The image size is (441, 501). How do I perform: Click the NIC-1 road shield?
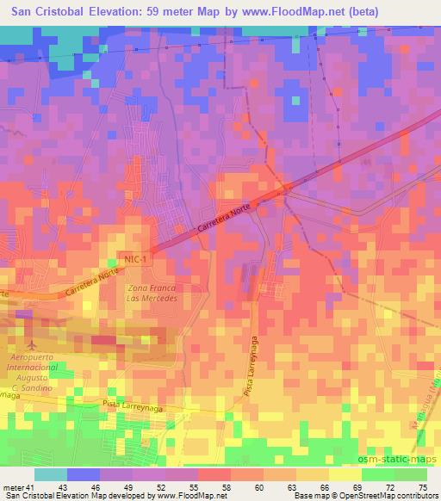click(129, 259)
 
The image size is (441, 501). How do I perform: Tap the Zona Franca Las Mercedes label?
click(152, 293)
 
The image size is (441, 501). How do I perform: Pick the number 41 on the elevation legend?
click(32, 488)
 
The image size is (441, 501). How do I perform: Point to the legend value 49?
click(127, 488)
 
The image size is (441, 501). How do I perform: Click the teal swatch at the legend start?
click(51, 474)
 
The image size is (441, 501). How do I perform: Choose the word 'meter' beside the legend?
click(12, 488)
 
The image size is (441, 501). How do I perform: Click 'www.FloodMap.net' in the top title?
click(281, 13)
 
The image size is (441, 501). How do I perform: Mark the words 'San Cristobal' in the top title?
click(47, 13)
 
